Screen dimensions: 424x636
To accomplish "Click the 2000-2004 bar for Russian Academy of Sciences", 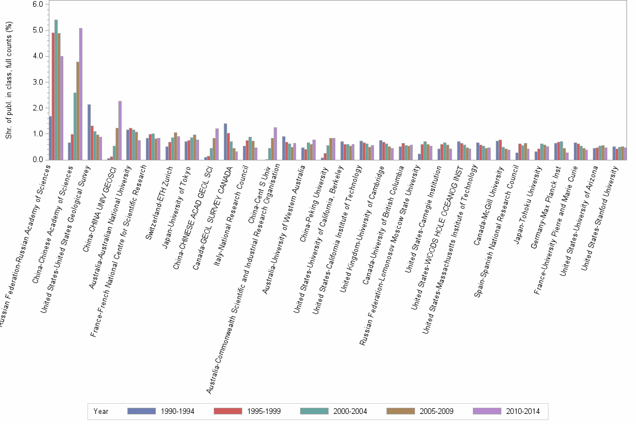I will [56, 90].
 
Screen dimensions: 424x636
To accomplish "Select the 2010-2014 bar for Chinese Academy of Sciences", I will [81, 94].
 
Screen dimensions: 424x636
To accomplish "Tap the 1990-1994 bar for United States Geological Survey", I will [89, 132].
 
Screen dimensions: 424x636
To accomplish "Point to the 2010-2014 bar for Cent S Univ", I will [275, 144].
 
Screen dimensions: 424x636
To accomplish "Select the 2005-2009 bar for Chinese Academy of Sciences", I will [78, 111].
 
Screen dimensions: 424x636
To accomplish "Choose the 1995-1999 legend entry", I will [247, 411].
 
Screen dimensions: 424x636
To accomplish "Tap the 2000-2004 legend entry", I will [334, 411].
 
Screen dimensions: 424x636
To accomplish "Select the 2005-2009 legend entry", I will [420, 411].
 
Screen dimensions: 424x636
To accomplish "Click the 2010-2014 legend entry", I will [506, 411].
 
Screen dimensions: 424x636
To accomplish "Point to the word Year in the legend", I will [102, 411].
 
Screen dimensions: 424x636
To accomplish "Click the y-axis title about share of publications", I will [8, 81].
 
